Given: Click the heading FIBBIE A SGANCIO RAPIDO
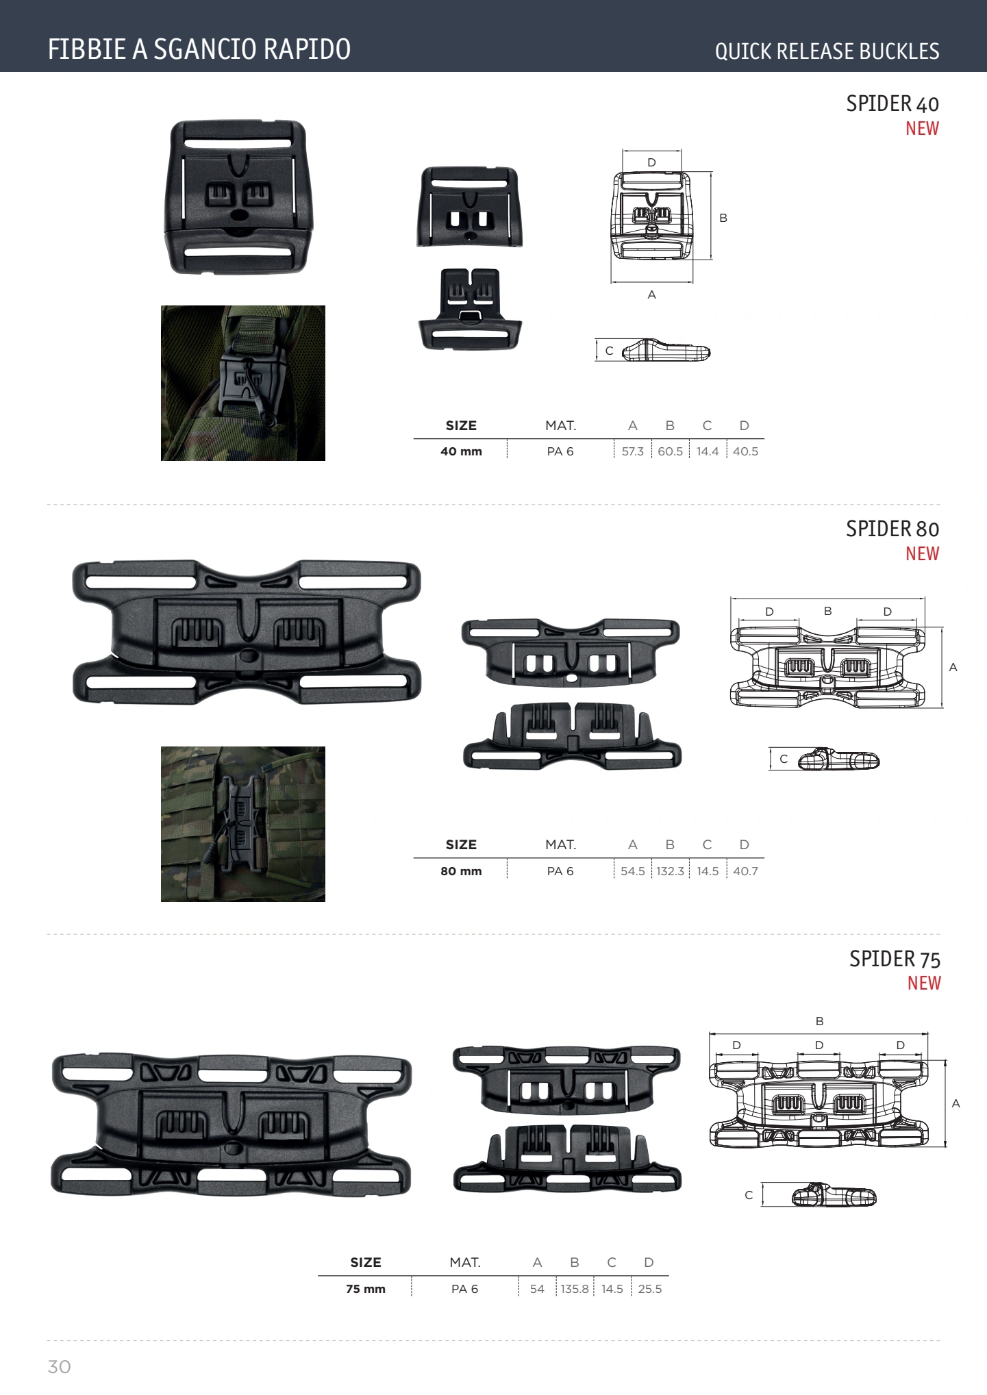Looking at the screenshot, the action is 199,49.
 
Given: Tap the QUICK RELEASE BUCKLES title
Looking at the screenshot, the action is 827,51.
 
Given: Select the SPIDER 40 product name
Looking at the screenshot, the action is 892,103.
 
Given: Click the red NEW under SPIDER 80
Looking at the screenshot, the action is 922,553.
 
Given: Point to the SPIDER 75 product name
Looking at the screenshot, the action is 895,959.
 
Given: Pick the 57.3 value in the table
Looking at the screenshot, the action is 632,451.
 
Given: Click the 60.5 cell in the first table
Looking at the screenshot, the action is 670,451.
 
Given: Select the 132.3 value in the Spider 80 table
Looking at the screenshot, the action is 670,871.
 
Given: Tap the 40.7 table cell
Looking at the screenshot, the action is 745,871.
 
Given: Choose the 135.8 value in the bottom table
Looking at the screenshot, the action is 575,1289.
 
